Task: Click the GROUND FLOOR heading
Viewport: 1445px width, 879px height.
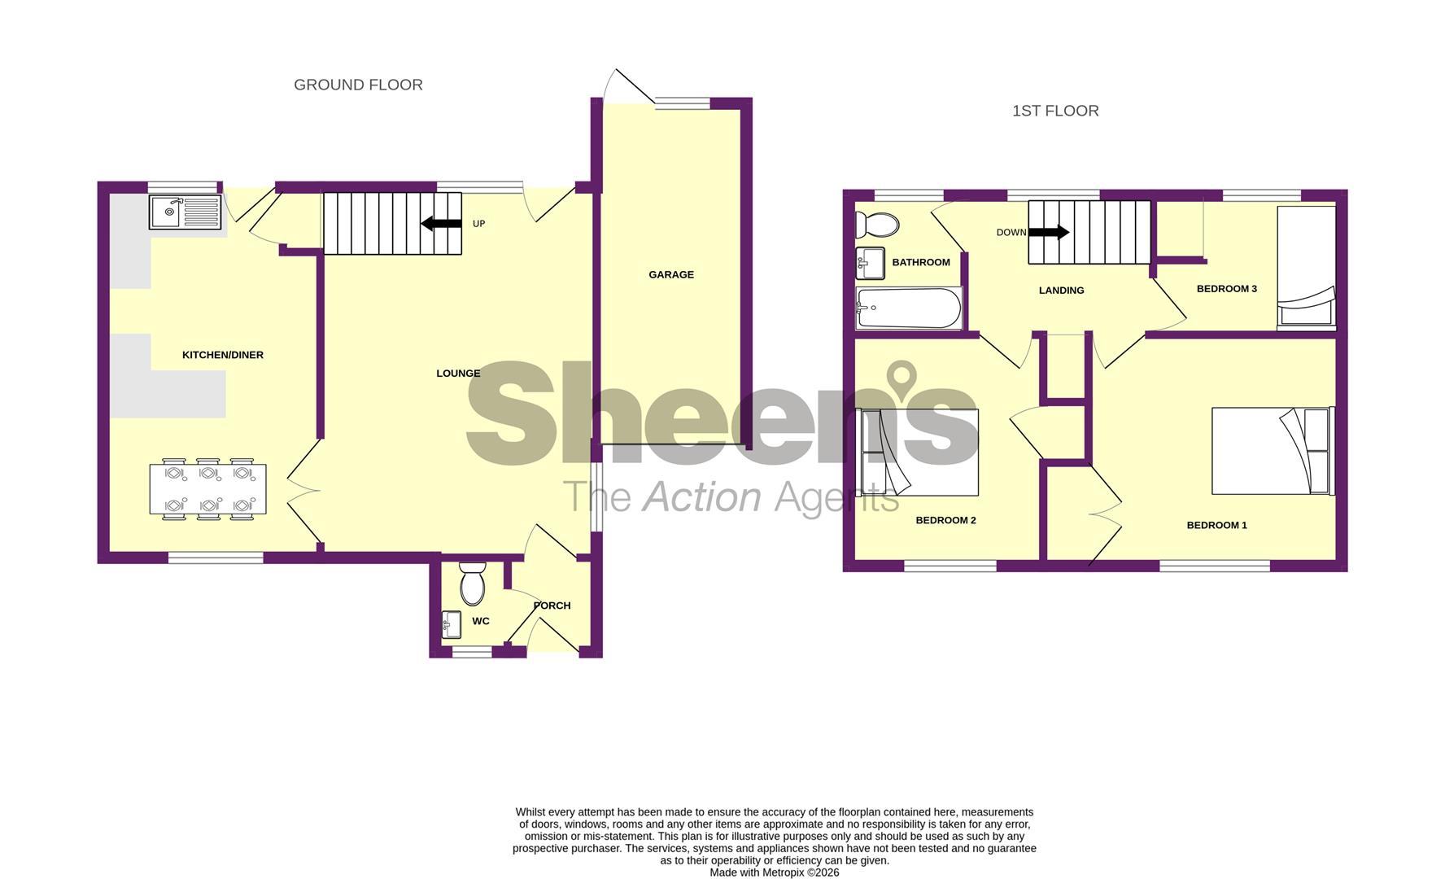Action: click(358, 85)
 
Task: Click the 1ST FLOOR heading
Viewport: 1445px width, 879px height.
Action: click(1054, 111)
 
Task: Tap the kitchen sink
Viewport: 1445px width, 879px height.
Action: click(185, 212)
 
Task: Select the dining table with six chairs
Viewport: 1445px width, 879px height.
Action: click(207, 489)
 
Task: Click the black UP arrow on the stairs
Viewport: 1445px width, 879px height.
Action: click(441, 223)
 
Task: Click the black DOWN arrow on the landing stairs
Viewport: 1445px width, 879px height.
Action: click(1049, 232)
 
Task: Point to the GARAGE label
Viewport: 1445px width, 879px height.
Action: click(670, 274)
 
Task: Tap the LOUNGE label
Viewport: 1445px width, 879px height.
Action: click(458, 374)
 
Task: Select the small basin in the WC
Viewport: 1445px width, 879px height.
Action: click(451, 624)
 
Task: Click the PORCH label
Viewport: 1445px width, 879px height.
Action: click(552, 606)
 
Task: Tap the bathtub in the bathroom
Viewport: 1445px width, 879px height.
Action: click(909, 308)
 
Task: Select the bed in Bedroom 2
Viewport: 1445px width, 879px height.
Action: click(919, 452)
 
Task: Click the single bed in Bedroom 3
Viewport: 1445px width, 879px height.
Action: click(1306, 267)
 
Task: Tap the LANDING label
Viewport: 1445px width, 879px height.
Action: click(1061, 291)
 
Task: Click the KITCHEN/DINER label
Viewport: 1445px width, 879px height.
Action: click(222, 355)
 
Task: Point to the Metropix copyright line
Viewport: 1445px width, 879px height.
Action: click(774, 872)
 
